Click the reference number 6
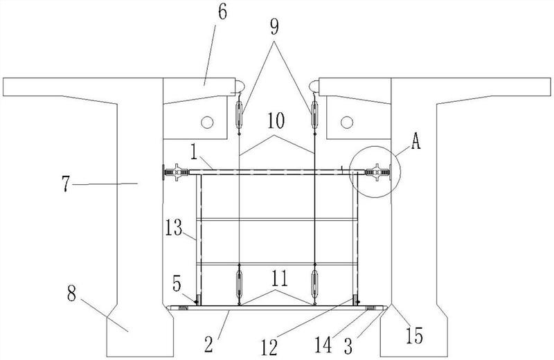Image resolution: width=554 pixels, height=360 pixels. click(222, 12)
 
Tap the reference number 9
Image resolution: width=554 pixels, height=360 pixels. click(274, 27)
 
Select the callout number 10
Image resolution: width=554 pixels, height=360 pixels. click(276, 121)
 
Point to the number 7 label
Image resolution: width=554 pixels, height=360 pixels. click(66, 183)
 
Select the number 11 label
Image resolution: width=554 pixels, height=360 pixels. click(280, 278)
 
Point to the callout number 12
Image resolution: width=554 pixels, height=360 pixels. click(269, 348)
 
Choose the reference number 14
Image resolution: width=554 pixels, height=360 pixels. click(323, 345)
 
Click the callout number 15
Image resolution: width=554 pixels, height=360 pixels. click(414, 336)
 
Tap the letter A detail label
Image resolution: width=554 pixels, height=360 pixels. click(415, 142)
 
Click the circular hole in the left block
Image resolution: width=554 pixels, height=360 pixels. click(207, 123)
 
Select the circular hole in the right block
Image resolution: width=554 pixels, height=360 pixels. click(347, 123)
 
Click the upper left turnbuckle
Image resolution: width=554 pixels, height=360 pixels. click(239, 114)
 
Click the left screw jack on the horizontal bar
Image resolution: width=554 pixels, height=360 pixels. click(176, 172)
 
